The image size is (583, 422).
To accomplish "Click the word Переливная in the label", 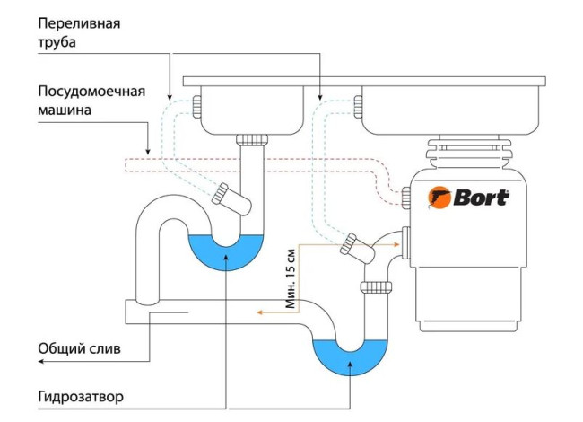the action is coord(79,24).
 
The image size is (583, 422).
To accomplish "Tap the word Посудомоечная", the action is coord(91,92).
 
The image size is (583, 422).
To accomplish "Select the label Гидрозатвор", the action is coord(81,397).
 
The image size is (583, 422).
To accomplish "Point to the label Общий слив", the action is coord(79,349).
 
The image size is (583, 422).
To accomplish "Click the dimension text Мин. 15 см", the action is coord(291,278).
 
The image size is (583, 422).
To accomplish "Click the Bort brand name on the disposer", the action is coord(481,198).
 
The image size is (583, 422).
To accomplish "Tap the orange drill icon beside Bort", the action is coord(439,198).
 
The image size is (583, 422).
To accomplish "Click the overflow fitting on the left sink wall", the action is coord(196,107).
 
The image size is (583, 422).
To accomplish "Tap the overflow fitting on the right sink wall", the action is coord(358,107).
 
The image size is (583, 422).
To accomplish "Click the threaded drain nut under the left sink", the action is coord(252,140).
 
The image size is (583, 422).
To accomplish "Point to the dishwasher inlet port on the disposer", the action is coord(405,197).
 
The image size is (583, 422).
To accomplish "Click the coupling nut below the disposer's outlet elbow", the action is coord(376,286).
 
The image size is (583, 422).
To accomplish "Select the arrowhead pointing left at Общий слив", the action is coord(41,361).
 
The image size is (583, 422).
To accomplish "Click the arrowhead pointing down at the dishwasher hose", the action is coord(148,152).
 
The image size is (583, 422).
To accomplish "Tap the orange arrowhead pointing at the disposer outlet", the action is coord(396,244).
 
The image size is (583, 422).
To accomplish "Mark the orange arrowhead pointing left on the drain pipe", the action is coord(260,312).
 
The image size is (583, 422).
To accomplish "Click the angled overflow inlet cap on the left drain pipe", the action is coord(220,194).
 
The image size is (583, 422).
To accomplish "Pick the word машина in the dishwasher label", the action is coord(65,110).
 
